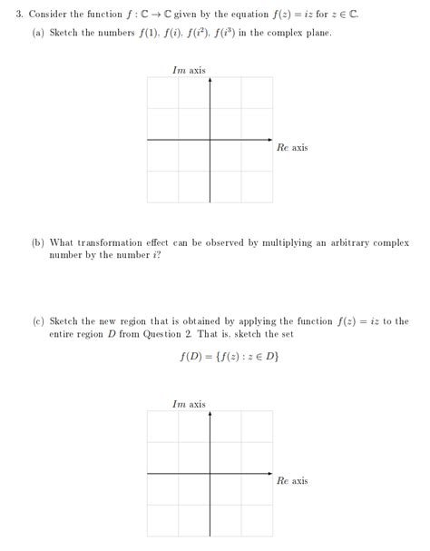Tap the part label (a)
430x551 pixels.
[37, 33]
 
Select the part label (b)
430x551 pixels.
[37, 243]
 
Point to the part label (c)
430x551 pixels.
[37, 321]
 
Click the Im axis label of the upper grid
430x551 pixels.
[189, 70]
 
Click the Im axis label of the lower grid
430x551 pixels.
[189, 404]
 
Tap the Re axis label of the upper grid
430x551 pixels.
[292, 147]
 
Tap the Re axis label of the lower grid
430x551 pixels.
[292, 481]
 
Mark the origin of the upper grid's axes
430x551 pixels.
[210, 140]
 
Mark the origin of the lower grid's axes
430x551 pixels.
[210, 474]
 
